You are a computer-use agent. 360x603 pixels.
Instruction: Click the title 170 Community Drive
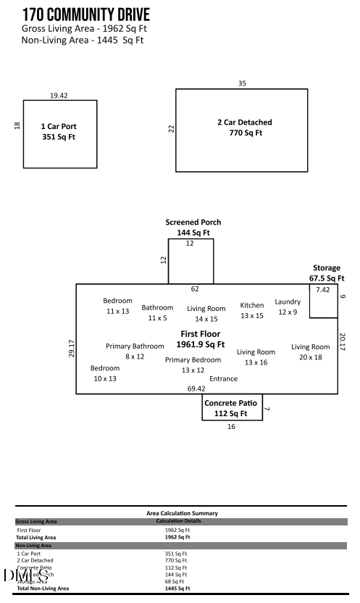coord(86,14)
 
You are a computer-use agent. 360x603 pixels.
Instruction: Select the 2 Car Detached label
coord(245,122)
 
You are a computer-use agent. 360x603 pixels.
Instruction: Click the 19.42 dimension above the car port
coord(59,95)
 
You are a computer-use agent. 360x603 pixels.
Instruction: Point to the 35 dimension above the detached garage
coord(242,83)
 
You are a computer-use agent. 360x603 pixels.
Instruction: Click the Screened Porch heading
coord(193,222)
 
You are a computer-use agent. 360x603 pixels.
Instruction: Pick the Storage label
coord(326,268)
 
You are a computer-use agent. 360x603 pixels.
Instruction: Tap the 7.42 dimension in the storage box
coord(322,290)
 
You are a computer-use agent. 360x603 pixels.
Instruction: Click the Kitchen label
coord(252,305)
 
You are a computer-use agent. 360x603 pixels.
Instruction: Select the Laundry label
coord(288,301)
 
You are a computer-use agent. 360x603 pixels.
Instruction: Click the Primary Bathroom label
coord(135,346)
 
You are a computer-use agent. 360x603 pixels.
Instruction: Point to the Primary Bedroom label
coord(193,359)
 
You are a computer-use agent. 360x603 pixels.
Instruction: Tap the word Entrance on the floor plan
coord(223,378)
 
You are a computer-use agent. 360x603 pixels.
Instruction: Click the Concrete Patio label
coord(231,403)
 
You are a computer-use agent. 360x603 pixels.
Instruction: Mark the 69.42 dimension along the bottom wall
coord(196,389)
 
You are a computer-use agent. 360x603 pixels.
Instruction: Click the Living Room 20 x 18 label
coord(311,346)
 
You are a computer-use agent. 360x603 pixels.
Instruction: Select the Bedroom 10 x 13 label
coord(105,368)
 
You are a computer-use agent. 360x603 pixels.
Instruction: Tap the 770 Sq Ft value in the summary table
coord(176,560)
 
